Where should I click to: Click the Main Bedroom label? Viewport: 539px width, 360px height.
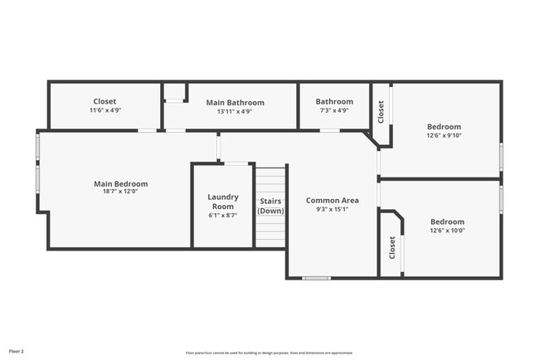[x=120, y=184]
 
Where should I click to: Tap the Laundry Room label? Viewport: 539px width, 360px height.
[x=223, y=202]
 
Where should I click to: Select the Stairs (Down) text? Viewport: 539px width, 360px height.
[x=270, y=205]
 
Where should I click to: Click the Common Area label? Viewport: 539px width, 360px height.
[x=332, y=200]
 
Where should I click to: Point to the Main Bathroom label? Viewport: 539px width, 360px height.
[x=234, y=102]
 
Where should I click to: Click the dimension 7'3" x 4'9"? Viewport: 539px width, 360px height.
[x=333, y=111]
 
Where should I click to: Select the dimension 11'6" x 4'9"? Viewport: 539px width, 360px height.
[x=104, y=111]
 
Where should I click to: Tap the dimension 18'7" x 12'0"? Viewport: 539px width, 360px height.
[x=120, y=193]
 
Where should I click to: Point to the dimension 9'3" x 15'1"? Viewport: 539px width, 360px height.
[x=332, y=210]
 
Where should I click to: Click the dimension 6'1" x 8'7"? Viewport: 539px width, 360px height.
[x=223, y=215]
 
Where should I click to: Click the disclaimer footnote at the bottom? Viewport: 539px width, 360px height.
[x=269, y=352]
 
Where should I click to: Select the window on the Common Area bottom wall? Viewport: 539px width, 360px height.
[x=316, y=278]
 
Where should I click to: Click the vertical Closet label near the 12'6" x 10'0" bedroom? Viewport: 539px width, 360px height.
[x=391, y=246]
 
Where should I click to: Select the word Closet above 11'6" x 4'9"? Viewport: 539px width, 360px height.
[x=104, y=101]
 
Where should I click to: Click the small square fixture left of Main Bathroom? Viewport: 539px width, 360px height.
[x=174, y=93]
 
